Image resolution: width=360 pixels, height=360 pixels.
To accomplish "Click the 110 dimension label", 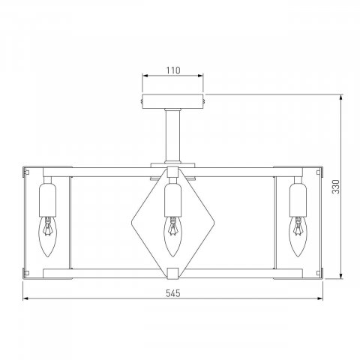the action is click(x=173, y=70).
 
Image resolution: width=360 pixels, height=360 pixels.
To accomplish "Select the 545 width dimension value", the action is click(x=173, y=293).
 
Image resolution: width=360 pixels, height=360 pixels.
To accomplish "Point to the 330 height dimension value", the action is click(x=336, y=187).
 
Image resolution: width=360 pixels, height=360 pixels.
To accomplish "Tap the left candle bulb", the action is click(x=47, y=236).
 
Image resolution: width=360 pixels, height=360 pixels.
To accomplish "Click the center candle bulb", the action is click(x=172, y=236).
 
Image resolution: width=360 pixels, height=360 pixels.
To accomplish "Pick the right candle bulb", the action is click(x=298, y=236).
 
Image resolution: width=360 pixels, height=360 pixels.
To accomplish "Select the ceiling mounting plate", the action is click(x=172, y=101).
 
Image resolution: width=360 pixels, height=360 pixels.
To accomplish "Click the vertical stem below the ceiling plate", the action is click(x=172, y=136).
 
